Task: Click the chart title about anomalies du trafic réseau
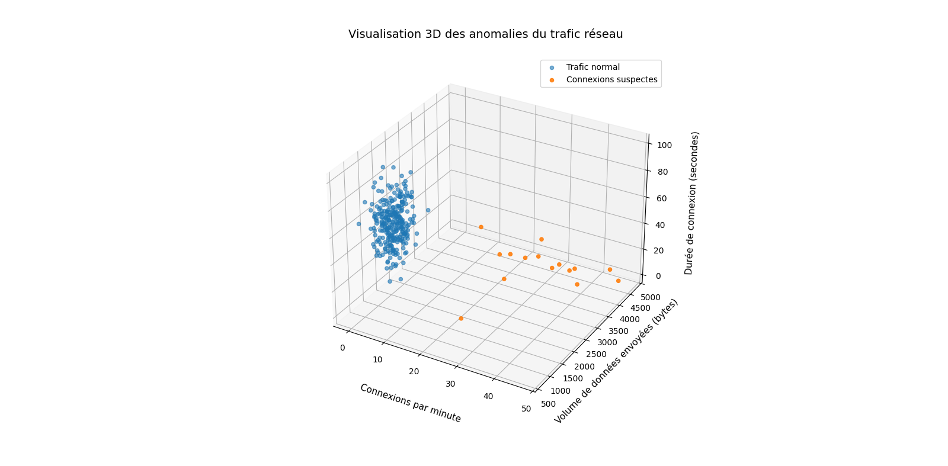pyautogui.click(x=485, y=34)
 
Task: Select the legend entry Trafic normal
pyautogui.click(x=592, y=68)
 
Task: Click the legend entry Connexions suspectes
pyautogui.click(x=611, y=80)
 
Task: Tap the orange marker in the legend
pyautogui.click(x=552, y=80)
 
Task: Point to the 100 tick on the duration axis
pyautogui.click(x=664, y=145)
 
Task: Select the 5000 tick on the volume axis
pyautogui.click(x=650, y=297)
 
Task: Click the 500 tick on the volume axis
pyautogui.click(x=549, y=404)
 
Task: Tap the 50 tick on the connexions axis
pyautogui.click(x=526, y=409)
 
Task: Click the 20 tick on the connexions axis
pyautogui.click(x=414, y=372)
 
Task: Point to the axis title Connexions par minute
pyautogui.click(x=410, y=403)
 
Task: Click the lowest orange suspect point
pyautogui.click(x=461, y=319)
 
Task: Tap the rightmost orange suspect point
pyautogui.click(x=618, y=281)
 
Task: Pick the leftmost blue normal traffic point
pyautogui.click(x=358, y=224)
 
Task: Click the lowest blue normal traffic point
pyautogui.click(x=390, y=281)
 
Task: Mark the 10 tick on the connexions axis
pyautogui.click(x=378, y=360)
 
